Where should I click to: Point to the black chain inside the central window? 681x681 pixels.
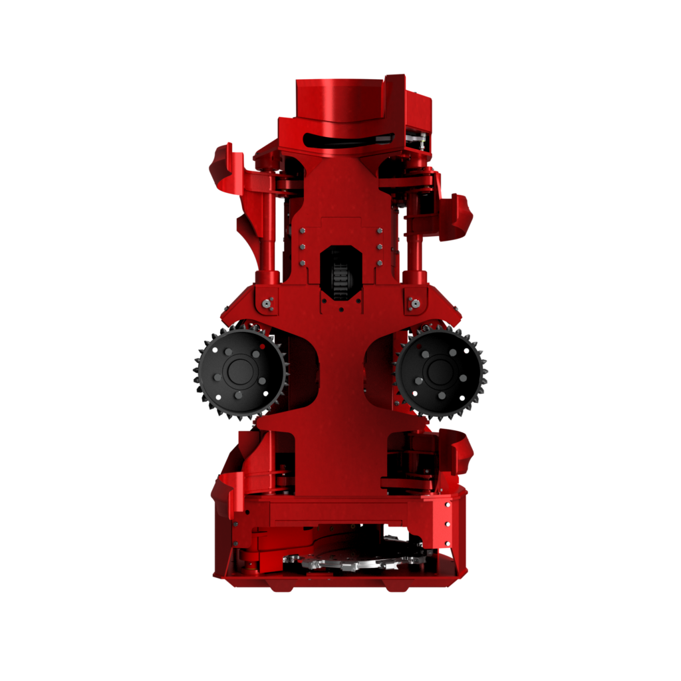tap(340, 273)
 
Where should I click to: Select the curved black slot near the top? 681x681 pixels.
tap(346, 140)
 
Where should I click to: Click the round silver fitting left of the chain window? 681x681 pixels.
tap(267, 304)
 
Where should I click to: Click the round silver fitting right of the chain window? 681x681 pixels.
tap(415, 304)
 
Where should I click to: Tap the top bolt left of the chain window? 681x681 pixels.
tap(303, 231)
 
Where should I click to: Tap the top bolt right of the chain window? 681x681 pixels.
tap(380, 231)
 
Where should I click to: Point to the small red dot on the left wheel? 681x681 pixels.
tap(263, 346)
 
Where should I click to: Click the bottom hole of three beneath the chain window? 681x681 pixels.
tap(340, 308)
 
